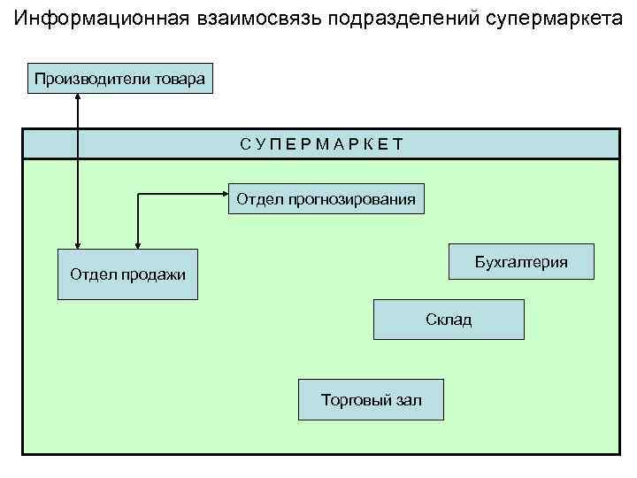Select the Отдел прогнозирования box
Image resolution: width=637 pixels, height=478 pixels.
[326, 199]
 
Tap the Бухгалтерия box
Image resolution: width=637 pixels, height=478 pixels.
[521, 262]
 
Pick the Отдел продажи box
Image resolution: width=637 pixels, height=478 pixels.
[127, 274]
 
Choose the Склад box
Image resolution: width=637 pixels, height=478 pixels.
[449, 320]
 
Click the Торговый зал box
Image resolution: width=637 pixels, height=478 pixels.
[371, 401]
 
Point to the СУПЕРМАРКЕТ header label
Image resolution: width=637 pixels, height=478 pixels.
[321, 143]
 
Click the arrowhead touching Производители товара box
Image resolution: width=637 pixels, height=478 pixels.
[78, 97]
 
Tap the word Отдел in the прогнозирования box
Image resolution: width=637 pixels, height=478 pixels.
[255, 199]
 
